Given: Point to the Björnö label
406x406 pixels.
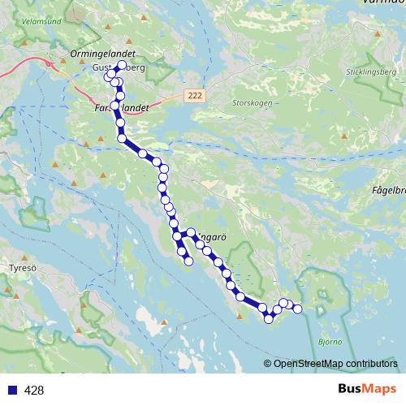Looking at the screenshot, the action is (x=329, y=342).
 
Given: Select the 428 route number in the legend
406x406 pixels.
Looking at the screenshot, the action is (x=34, y=391).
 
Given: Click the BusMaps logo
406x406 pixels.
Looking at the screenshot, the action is (x=368, y=390).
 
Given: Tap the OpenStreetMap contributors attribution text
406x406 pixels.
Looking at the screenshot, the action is (x=335, y=364).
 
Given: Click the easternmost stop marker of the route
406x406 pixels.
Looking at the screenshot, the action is (x=297, y=309).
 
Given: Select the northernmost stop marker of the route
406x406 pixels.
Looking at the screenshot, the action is (x=123, y=65).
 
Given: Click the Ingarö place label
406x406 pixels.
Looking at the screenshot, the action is (x=209, y=238).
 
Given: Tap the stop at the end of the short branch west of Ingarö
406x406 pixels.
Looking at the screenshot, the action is (x=188, y=261).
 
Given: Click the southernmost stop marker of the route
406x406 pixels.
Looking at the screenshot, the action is (x=268, y=319).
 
